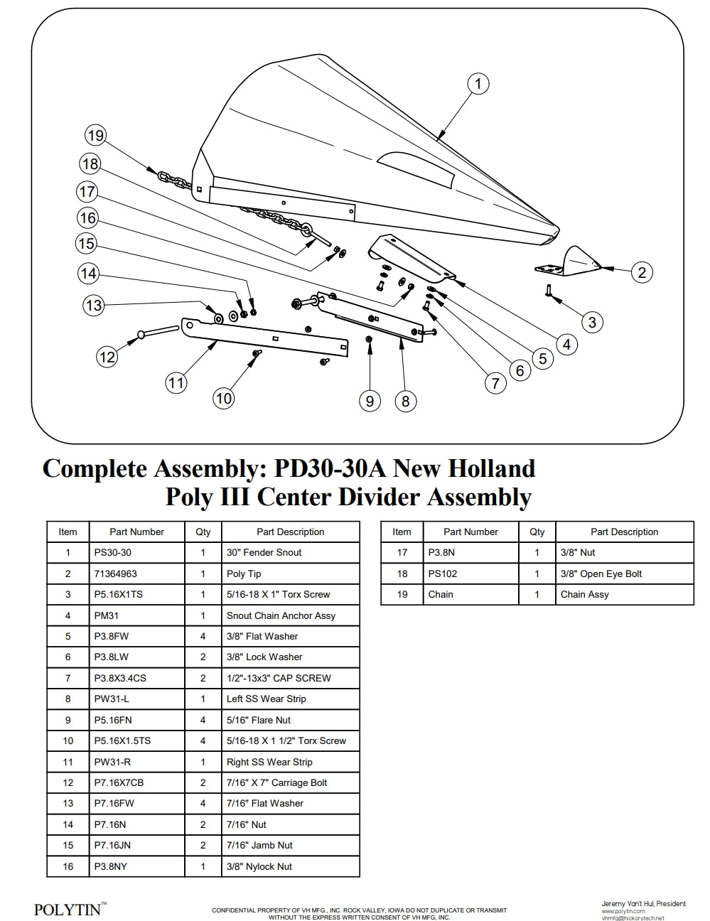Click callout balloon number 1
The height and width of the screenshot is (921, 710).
[x=478, y=84]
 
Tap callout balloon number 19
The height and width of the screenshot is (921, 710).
[x=95, y=135]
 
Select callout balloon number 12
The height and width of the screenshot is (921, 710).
[x=107, y=356]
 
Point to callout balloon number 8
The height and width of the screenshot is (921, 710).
[x=405, y=402]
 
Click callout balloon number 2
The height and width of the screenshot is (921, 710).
[x=642, y=272]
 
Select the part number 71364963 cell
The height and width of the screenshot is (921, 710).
[x=116, y=573]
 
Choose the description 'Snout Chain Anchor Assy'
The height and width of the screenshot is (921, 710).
[x=281, y=615]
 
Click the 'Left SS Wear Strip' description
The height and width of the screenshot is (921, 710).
[x=267, y=699]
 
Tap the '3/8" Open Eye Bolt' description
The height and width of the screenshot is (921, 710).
[x=601, y=573]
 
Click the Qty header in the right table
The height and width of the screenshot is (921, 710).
[x=537, y=532]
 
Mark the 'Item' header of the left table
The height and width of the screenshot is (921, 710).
[x=68, y=532]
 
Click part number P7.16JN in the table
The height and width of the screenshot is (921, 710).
[x=112, y=845]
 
